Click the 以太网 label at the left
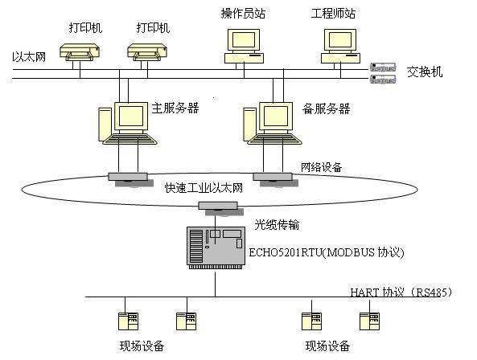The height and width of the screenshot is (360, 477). (x=29, y=57)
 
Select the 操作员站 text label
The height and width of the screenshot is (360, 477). (x=245, y=14)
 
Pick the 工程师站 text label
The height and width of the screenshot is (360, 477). (x=334, y=14)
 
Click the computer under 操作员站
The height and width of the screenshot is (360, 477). (x=242, y=45)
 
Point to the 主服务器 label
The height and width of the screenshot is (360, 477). (x=175, y=108)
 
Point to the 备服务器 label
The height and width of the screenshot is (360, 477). (x=305, y=108)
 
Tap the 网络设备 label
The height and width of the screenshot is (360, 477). (x=321, y=167)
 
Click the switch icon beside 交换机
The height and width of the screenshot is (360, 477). (x=383, y=72)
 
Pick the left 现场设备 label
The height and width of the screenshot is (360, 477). (x=142, y=346)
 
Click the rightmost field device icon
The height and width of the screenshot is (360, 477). (x=370, y=321)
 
